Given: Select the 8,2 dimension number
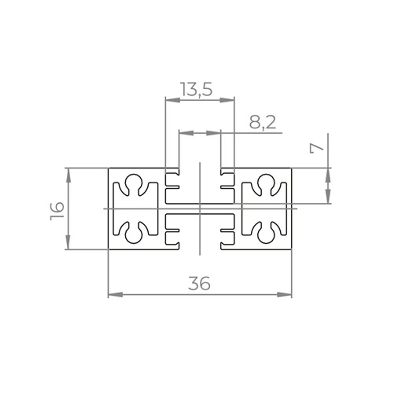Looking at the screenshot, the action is point(263,123).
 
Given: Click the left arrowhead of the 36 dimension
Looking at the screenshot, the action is point(116,294).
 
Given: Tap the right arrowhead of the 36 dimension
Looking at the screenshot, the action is point(285,294).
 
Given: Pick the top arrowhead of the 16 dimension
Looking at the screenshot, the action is point(68,176).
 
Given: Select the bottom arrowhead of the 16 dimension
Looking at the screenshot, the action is point(68,242).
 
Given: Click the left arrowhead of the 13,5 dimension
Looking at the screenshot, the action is point(173,100).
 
